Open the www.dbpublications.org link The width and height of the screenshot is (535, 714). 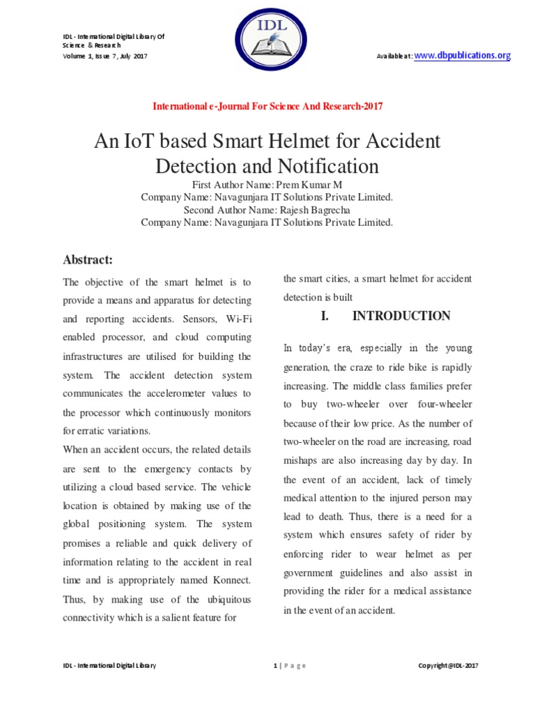(x=463, y=56)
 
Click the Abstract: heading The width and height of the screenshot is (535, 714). (x=88, y=259)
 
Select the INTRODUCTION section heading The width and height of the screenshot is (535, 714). (x=401, y=316)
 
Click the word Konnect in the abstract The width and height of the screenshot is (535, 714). (x=232, y=580)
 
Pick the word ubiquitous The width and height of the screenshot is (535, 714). (x=221, y=599)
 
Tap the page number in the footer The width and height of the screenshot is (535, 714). (x=275, y=666)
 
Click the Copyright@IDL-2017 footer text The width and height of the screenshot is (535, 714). (x=447, y=666)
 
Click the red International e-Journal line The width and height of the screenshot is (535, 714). (x=267, y=107)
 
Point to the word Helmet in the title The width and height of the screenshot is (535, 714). (x=287, y=142)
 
